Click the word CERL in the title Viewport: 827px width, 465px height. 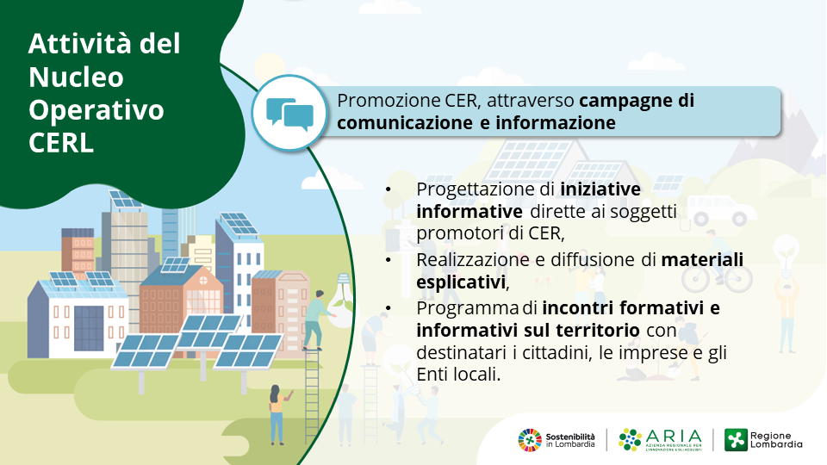coord(61,142)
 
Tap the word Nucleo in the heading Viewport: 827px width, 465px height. coord(76,77)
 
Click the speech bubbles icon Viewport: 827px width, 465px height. coord(289,114)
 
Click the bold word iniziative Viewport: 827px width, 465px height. coord(600,189)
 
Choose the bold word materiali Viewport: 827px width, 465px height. coord(702,259)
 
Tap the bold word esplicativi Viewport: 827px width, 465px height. coord(461,282)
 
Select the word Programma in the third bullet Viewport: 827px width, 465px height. coord(467,308)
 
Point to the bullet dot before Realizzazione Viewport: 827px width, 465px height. coord(389,260)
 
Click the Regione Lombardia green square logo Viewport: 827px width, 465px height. coord(736,440)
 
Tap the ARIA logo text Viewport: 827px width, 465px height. coord(674,436)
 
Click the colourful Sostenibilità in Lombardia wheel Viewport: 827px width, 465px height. coord(530,440)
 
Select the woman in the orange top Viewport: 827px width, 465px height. coord(277,414)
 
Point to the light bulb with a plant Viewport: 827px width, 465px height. coord(342,300)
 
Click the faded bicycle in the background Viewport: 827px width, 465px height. coord(717,276)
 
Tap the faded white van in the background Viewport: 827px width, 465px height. coord(721,210)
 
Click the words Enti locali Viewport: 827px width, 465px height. coord(457,375)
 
